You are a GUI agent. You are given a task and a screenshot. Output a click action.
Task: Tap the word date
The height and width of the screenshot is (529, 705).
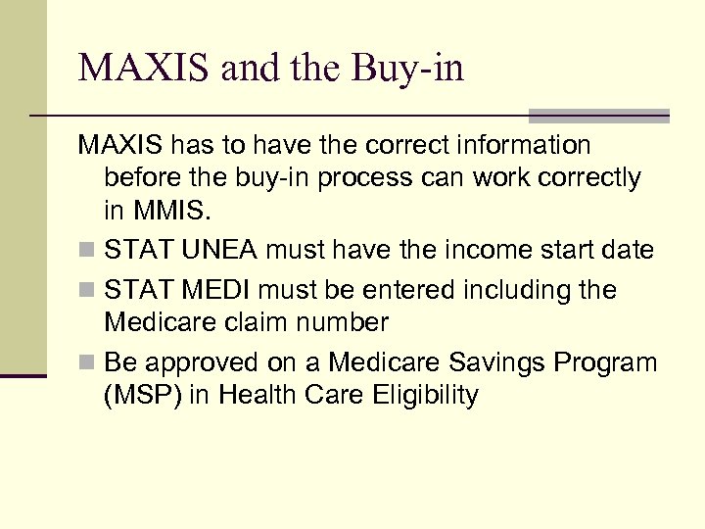(628, 251)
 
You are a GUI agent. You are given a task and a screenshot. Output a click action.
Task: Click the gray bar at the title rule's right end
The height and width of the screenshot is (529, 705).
(598, 116)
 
